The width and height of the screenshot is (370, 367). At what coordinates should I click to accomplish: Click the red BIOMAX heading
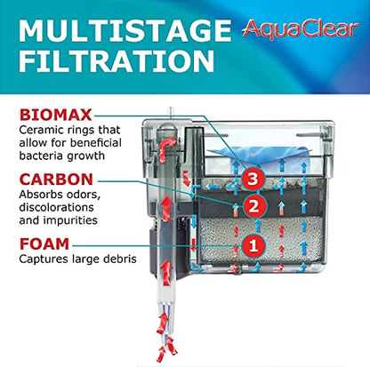(55, 116)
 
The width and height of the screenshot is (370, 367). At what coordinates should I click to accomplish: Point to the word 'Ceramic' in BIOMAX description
(41, 132)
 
